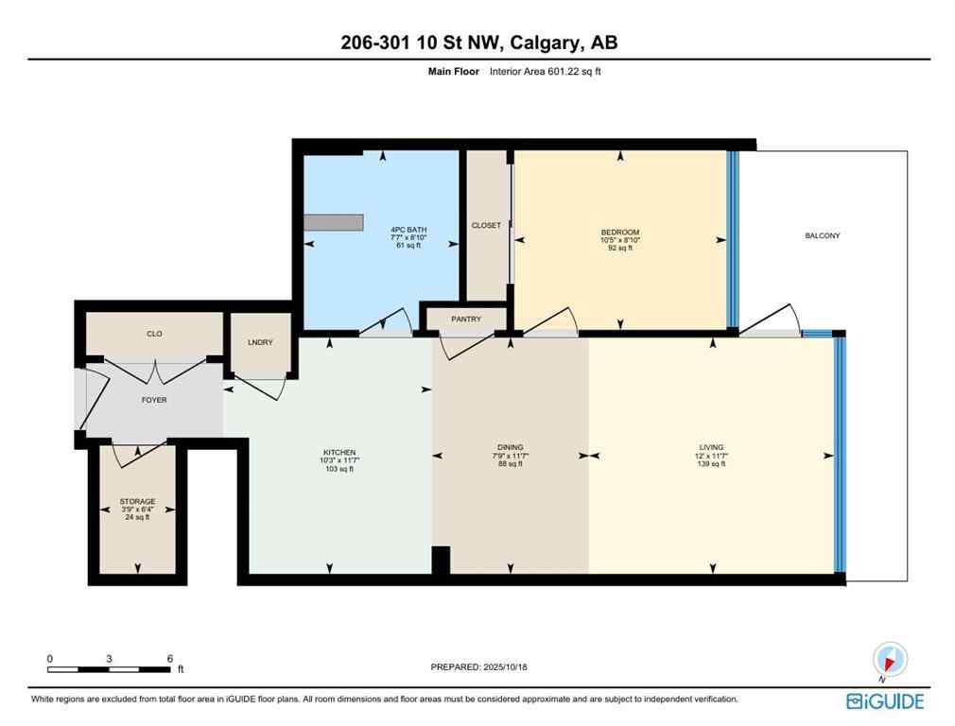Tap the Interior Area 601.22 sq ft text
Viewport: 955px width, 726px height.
pos(545,71)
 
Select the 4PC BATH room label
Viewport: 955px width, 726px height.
pos(408,230)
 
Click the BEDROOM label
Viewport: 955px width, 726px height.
pos(620,233)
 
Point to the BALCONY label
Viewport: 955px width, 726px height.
pos(822,235)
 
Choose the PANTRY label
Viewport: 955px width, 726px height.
pos(465,320)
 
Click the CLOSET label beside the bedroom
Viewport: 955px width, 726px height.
pos(486,225)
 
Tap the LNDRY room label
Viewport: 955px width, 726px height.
pos(261,342)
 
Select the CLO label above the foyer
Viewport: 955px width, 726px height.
pos(154,334)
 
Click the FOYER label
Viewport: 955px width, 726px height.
pos(154,400)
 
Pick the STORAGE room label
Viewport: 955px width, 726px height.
pos(137,502)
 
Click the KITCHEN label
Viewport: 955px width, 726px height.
pos(339,453)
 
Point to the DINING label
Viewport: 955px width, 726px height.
pos(510,447)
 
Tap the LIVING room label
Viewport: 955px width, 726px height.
pos(711,447)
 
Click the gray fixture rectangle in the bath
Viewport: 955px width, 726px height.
pos(334,221)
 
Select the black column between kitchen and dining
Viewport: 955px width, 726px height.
pos(441,561)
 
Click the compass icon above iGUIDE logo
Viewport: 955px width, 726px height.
pos(890,660)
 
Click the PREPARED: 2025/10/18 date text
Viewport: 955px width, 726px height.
pos(477,666)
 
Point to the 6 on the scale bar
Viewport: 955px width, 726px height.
pos(169,658)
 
